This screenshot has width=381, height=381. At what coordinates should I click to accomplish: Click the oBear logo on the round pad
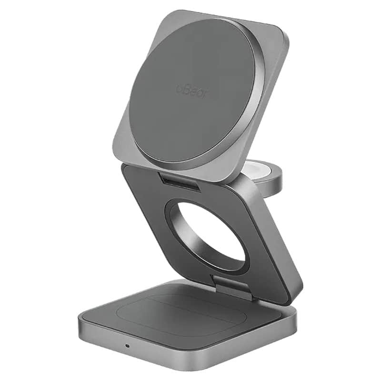coord(192,91)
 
